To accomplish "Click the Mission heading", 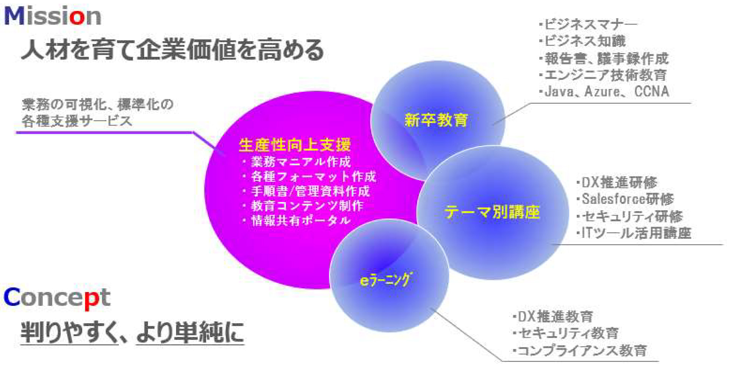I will tap(53, 17).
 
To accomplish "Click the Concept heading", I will tap(57, 298).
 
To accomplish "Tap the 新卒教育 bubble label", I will tap(436, 120).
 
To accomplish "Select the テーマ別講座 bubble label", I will tap(492, 212).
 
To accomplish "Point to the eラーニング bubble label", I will tap(385, 280).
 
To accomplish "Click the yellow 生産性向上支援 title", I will tap(295, 145).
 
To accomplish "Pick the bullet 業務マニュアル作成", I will tap(301, 162).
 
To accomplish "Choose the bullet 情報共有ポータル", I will tap(301, 221).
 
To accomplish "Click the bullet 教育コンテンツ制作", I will tap(307, 206).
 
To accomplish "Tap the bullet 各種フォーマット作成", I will tap(313, 177).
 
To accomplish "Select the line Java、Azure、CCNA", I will tap(606, 92).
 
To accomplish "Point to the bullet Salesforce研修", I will tap(627, 199).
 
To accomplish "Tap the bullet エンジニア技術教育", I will tap(605, 75).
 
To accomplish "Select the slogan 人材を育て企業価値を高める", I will tap(172, 50).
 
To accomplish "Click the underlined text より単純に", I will tap(189, 332).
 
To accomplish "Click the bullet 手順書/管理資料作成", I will tap(310, 191).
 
